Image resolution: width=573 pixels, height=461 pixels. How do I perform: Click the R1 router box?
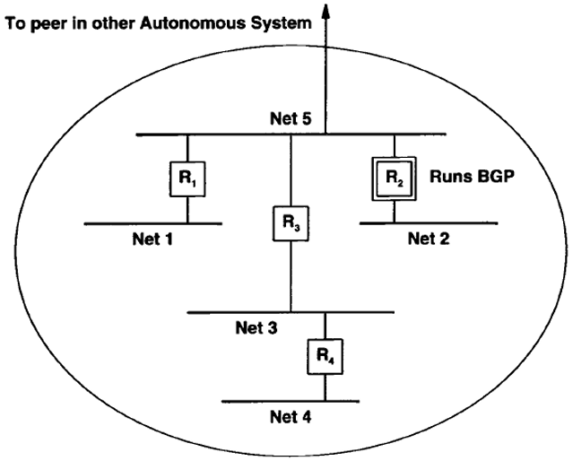pyautogui.click(x=187, y=179)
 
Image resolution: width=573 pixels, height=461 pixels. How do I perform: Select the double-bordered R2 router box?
pyautogui.click(x=394, y=178)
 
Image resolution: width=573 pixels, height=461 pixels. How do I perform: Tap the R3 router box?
pyautogui.click(x=291, y=223)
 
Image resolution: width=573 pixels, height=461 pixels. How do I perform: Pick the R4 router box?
pyautogui.click(x=325, y=356)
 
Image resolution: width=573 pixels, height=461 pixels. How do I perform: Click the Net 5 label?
pyautogui.click(x=291, y=118)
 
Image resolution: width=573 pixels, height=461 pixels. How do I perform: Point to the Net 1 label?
pyautogui.click(x=152, y=239)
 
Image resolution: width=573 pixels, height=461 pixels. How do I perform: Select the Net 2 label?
pyautogui.click(x=429, y=239)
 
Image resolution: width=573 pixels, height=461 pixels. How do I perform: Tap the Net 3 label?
pyautogui.click(x=256, y=328)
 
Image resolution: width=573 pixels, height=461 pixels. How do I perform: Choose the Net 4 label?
pyautogui.click(x=291, y=417)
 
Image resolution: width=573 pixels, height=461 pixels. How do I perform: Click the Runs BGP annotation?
pyautogui.click(x=472, y=177)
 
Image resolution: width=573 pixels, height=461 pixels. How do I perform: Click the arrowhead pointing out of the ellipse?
pyautogui.click(x=326, y=11)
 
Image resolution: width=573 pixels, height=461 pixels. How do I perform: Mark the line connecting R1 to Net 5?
pyautogui.click(x=187, y=148)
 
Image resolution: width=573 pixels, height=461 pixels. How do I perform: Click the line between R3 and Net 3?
pyautogui.click(x=291, y=277)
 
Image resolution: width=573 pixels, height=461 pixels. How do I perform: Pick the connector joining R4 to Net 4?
pyautogui.click(x=325, y=387)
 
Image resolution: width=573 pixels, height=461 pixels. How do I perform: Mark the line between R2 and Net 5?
pyautogui.click(x=394, y=146)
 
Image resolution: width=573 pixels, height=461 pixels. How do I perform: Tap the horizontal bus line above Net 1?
pyautogui.click(x=152, y=223)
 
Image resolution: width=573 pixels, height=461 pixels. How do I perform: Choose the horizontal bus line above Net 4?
pyautogui.click(x=291, y=402)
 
